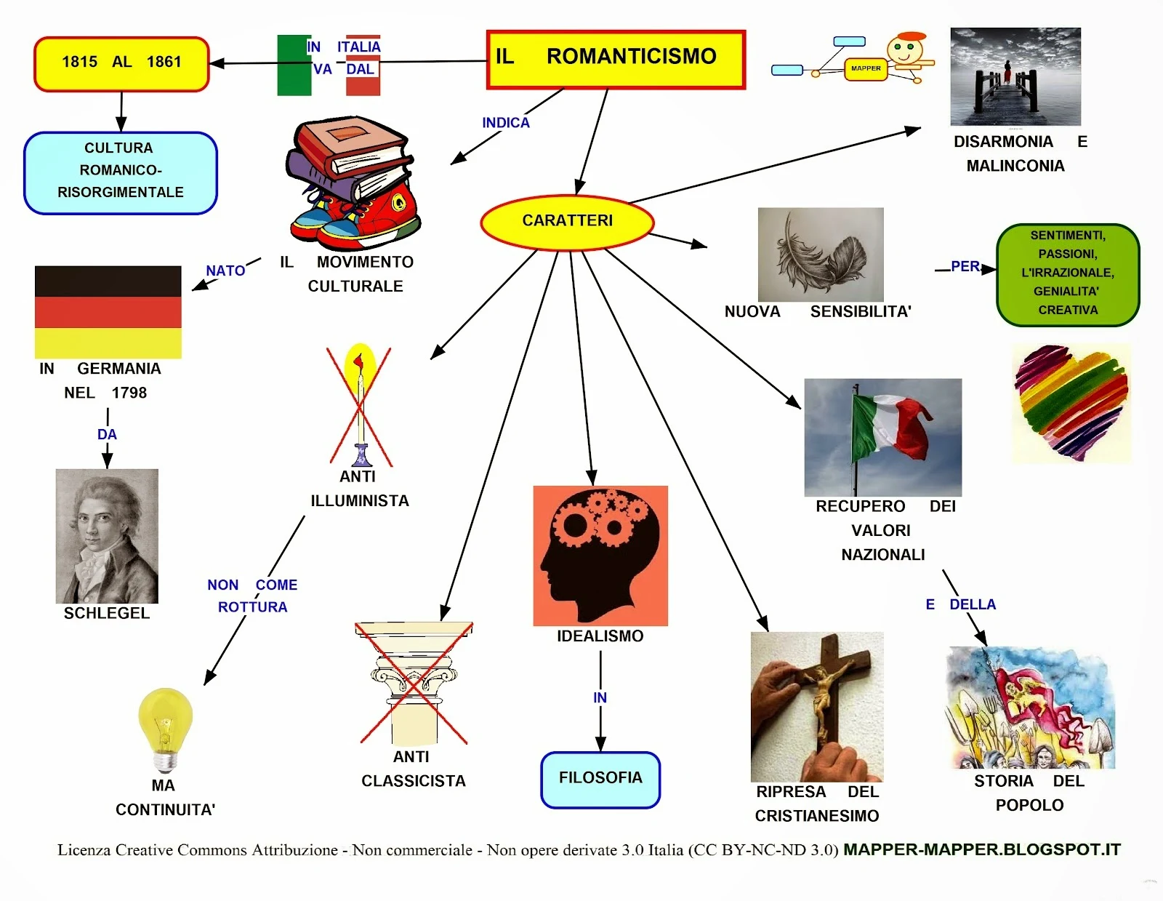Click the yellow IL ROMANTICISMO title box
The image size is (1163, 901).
616,59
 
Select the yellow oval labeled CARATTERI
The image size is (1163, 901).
567,221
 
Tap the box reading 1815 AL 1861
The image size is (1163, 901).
121,63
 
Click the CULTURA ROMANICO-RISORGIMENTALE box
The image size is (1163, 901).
121,172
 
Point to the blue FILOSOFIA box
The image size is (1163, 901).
600,779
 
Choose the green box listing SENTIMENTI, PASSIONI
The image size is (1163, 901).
1067,274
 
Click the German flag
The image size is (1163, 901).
108,311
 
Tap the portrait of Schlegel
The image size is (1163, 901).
107,535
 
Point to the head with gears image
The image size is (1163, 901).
600,555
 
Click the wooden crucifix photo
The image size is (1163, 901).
816,706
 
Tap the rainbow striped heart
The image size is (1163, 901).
1071,402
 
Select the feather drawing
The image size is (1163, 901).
821,254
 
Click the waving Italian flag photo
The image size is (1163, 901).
882,436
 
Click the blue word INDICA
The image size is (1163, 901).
506,123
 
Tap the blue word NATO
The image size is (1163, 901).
225,271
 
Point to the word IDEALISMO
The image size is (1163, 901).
600,636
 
